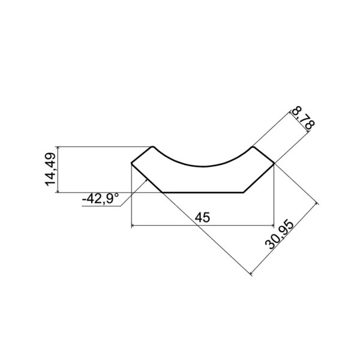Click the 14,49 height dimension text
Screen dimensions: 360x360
[50, 169]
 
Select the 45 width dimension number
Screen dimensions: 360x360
[202, 217]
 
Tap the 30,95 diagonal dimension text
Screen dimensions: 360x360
[279, 235]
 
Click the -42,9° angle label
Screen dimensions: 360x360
[101, 199]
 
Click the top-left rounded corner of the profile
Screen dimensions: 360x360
[152, 147]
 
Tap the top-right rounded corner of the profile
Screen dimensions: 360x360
[253, 147]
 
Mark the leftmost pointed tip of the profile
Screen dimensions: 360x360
[131, 163]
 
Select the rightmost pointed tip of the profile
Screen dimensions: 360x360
[274, 163]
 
